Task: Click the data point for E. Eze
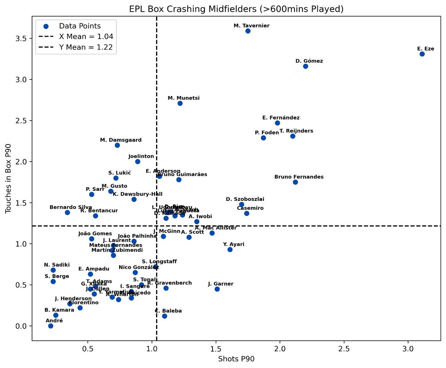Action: pyautogui.click(x=422, y=54)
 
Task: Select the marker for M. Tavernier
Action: pyautogui.click(x=248, y=31)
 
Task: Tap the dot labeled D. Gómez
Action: pyautogui.click(x=306, y=66)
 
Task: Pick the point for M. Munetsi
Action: pyautogui.click(x=180, y=103)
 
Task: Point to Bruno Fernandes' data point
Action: pyautogui.click(x=295, y=182)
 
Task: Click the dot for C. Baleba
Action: pyautogui.click(x=165, y=316)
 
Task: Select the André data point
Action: pyautogui.click(x=51, y=326)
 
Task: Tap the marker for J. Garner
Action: pyautogui.click(x=217, y=289)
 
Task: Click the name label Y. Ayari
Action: pyautogui.click(x=234, y=244)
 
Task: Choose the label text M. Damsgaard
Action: pyautogui.click(x=121, y=140)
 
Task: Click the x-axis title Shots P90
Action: pyautogui.click(x=236, y=359)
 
